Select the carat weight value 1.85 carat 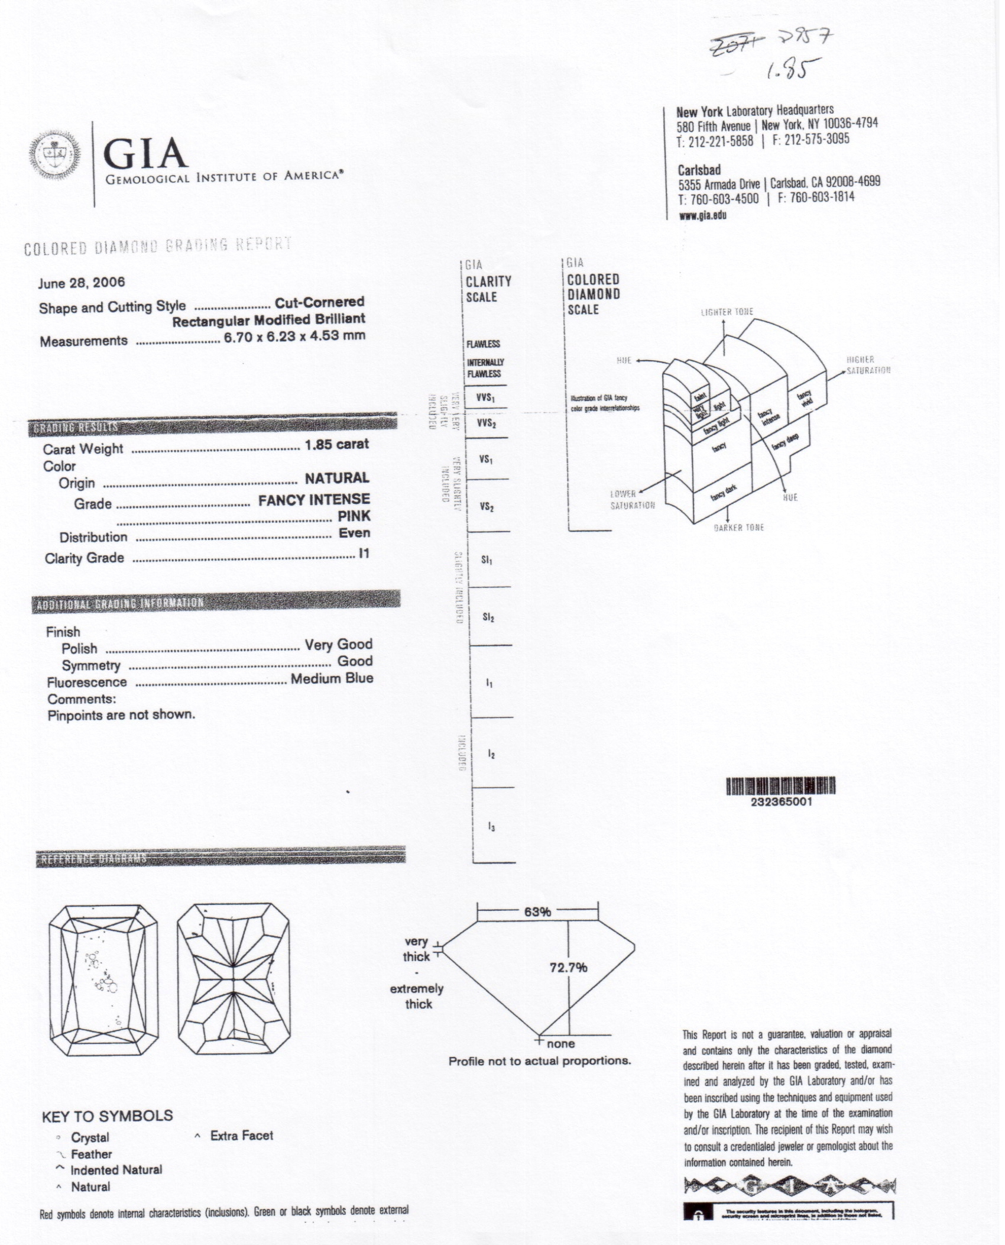336,444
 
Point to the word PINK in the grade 354,516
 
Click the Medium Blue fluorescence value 332,678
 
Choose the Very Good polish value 338,644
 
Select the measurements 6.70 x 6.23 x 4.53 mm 294,337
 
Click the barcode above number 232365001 780,786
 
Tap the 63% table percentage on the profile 537,911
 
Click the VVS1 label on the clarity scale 485,397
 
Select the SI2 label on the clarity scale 488,617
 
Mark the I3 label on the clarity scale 491,827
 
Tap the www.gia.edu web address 702,215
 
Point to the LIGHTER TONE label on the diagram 727,312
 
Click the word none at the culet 560,1044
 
